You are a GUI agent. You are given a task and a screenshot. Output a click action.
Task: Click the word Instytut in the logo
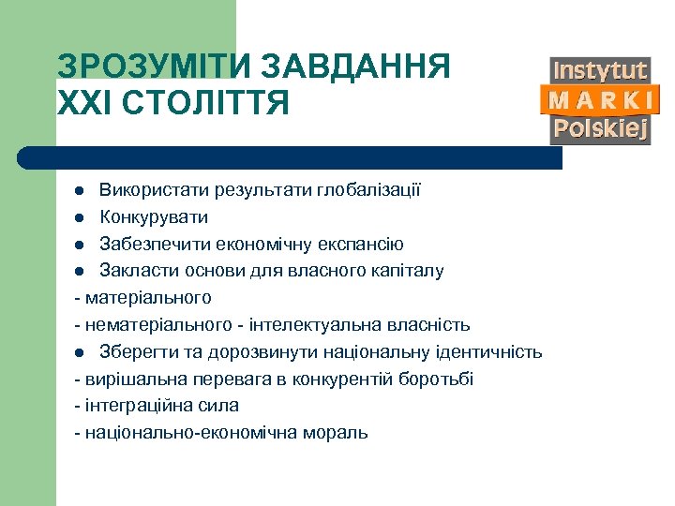(x=600, y=71)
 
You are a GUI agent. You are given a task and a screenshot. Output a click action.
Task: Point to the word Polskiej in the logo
(x=600, y=129)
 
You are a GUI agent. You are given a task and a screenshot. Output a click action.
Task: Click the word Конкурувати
(x=155, y=217)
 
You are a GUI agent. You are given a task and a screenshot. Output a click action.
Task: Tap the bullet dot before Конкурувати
(x=81, y=217)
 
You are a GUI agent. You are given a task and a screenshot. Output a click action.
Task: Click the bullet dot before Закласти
(x=81, y=272)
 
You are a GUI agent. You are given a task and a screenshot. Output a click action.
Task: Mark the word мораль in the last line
(x=338, y=433)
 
